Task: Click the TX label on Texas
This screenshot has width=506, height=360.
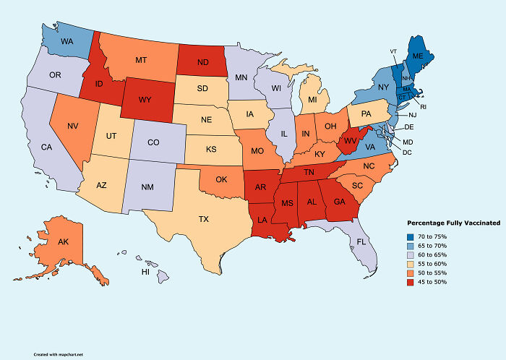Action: [x=205, y=218]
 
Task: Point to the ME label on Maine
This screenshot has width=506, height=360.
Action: [x=418, y=56]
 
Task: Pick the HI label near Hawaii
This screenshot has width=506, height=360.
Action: [x=145, y=273]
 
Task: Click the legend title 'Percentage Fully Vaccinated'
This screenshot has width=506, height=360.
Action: [x=454, y=223]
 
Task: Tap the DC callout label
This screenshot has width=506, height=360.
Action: [x=407, y=152]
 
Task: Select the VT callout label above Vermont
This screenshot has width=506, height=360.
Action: [x=393, y=51]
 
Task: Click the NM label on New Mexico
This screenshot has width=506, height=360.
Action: [x=147, y=187]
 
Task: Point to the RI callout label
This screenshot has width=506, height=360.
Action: [x=424, y=106]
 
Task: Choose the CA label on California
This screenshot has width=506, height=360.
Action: [x=46, y=147]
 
